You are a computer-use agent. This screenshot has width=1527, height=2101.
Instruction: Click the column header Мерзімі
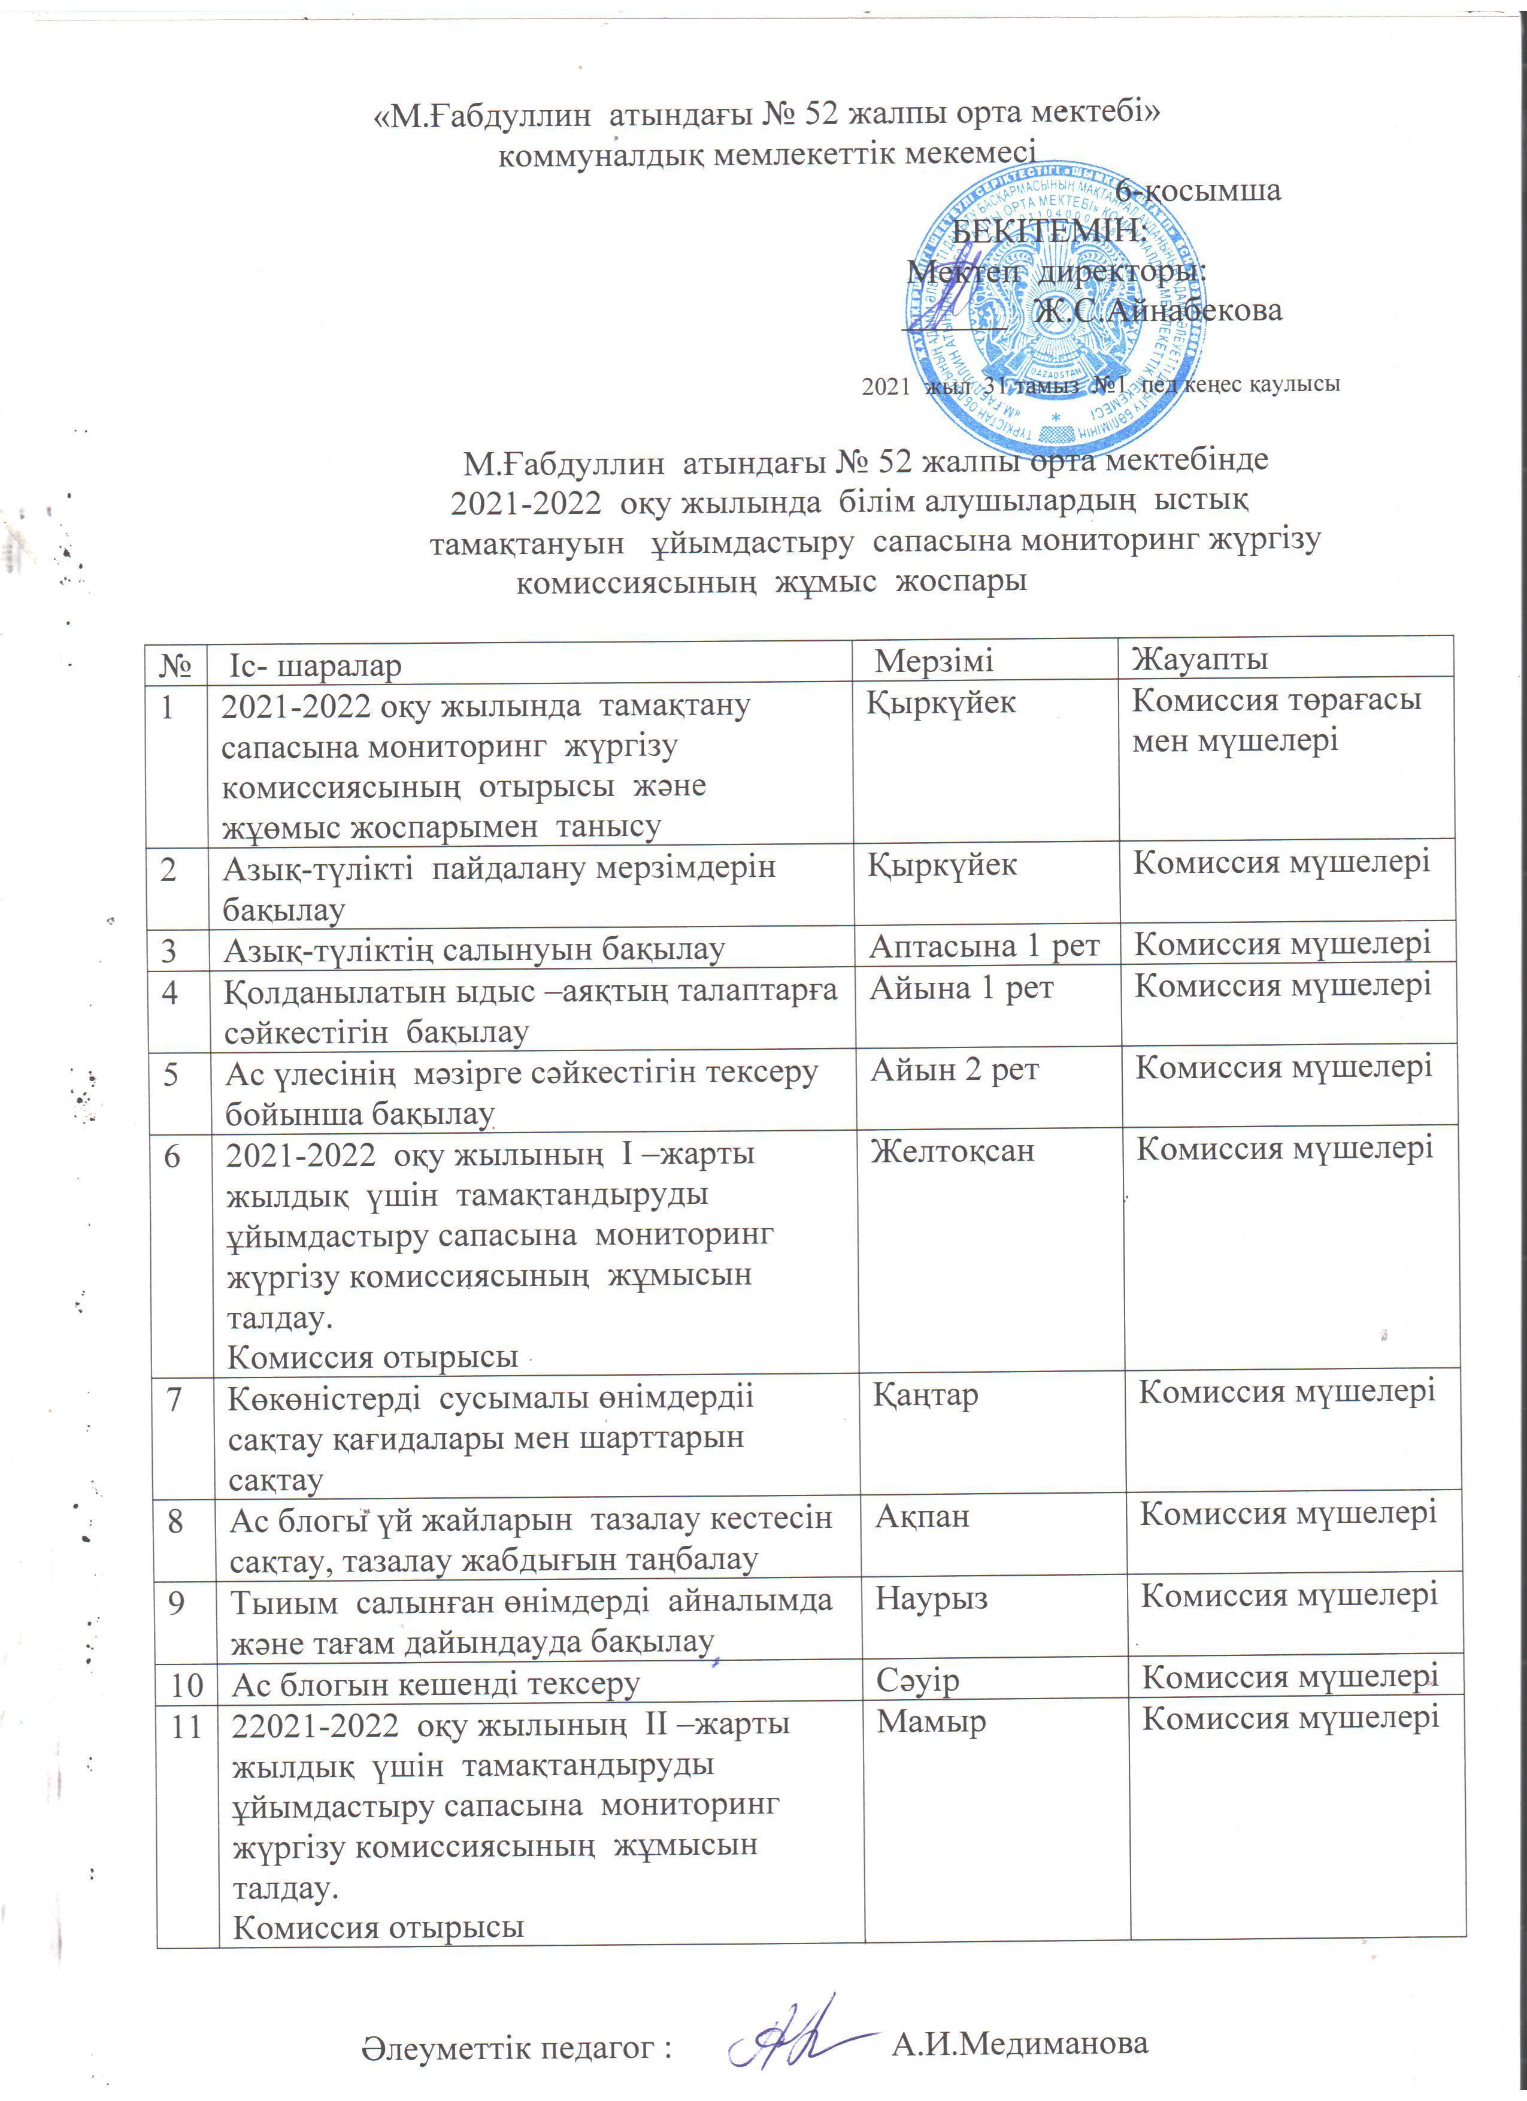[x=934, y=661]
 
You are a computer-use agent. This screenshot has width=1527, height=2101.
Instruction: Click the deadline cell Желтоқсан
[x=952, y=1152]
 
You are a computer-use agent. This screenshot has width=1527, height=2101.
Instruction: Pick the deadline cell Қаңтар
[x=925, y=1395]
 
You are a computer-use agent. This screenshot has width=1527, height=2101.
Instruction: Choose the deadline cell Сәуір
[x=917, y=1679]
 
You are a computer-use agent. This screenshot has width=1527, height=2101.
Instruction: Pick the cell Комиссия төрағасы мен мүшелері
[x=1276, y=720]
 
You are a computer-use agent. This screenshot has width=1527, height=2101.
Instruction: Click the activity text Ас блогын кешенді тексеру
[x=435, y=1683]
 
